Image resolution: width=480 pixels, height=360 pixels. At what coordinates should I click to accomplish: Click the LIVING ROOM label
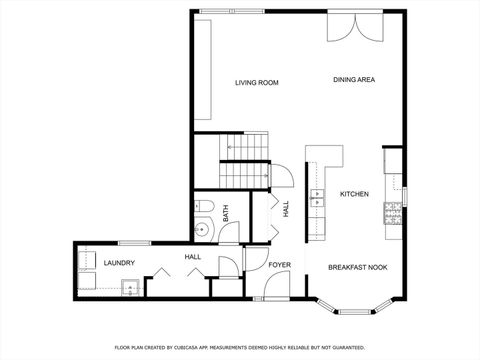point(256,82)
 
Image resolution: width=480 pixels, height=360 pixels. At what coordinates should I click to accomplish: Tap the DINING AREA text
point(354,79)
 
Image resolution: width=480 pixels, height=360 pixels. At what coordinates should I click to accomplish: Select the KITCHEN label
point(354,193)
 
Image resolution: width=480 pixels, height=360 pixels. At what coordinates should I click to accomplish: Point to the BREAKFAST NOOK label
point(358,267)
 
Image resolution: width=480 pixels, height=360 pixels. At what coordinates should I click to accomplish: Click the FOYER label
point(279,264)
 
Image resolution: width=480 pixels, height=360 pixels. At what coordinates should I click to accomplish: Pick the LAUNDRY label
point(119,263)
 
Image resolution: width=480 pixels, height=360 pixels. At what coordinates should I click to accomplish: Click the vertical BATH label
point(226,213)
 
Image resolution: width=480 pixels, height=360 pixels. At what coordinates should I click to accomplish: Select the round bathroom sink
point(202,228)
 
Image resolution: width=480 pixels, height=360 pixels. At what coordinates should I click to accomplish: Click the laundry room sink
point(129,290)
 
